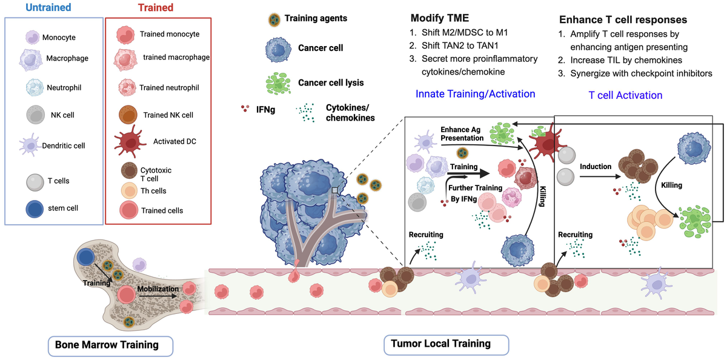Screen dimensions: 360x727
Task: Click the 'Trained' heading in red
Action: coord(156,8)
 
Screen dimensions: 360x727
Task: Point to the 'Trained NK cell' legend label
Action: coord(168,115)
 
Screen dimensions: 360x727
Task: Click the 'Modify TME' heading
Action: coord(439,18)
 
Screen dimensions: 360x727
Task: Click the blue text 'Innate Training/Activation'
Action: coord(476,94)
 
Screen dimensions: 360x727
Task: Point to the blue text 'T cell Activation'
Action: coord(625,95)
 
